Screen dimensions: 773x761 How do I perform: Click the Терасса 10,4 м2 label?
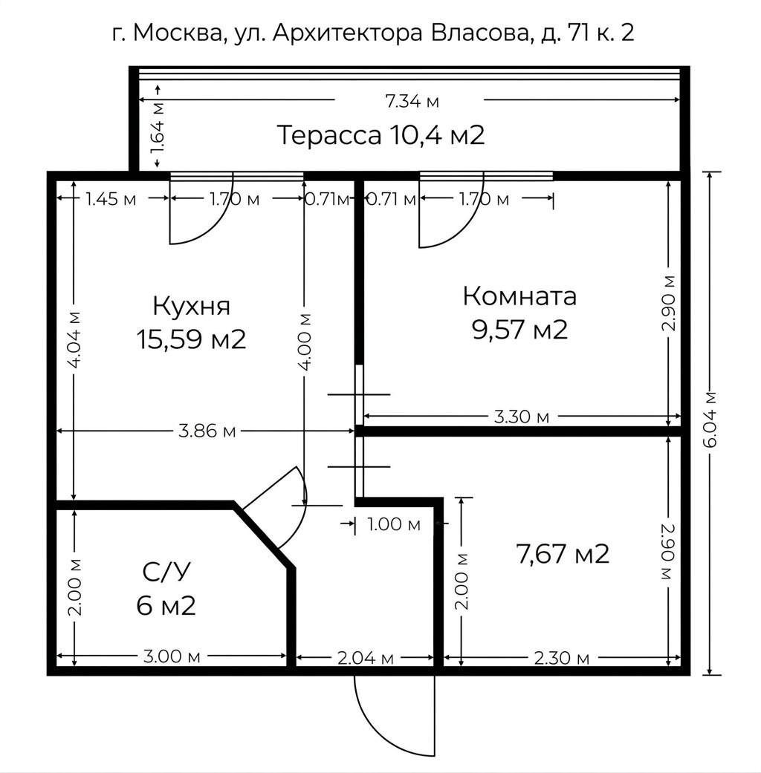pyautogui.click(x=380, y=136)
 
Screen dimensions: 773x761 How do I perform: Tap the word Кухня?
pyautogui.click(x=191, y=306)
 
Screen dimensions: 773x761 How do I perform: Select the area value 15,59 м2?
pyautogui.click(x=191, y=339)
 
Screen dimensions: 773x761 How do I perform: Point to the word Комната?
pyautogui.click(x=519, y=296)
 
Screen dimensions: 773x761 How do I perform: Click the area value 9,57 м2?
pyautogui.click(x=519, y=329)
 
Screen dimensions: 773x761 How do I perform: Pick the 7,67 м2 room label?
pyautogui.click(x=562, y=554)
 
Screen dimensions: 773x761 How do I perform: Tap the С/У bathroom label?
pyautogui.click(x=166, y=573)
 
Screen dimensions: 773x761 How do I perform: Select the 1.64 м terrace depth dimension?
pyautogui.click(x=158, y=127)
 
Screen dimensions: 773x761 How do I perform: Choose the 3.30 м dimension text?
pyautogui.click(x=521, y=417)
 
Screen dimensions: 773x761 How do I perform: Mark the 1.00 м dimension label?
pyautogui.click(x=394, y=524)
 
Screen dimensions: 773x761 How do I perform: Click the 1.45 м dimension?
pyautogui.click(x=111, y=199)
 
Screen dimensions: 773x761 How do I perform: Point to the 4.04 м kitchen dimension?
pyautogui.click(x=74, y=340)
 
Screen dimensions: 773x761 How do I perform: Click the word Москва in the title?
pyautogui.click(x=175, y=34)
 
